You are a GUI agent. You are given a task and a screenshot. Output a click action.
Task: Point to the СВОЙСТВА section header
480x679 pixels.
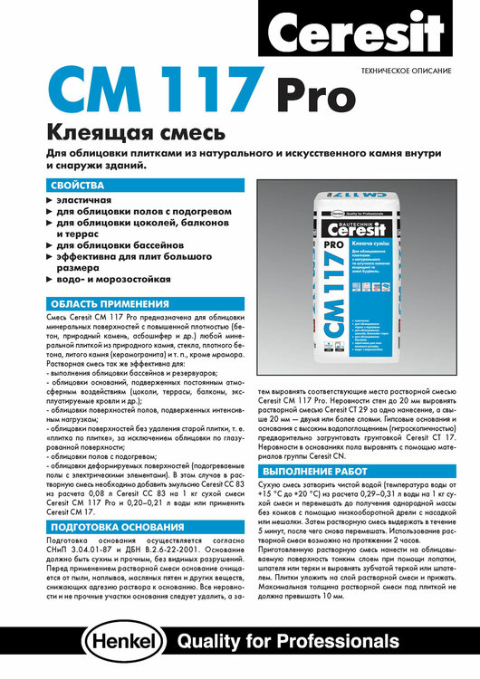coord(78,185)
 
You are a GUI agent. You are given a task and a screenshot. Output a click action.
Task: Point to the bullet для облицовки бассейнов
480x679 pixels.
coord(120,244)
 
